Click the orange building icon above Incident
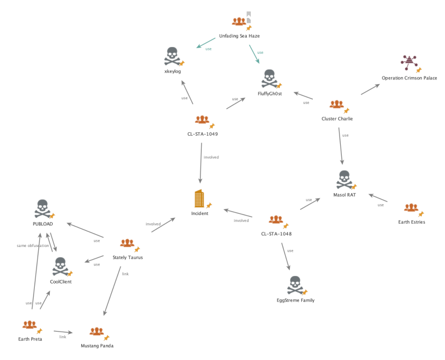point(199,198)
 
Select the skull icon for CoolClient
point(60,267)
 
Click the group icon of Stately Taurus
point(126,244)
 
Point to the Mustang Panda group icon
point(96,332)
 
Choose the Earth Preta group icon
point(28,325)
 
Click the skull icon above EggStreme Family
point(295,285)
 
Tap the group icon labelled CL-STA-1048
point(275,220)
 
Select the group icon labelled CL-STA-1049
point(202,120)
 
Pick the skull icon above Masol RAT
point(344,179)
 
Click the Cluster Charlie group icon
point(336,105)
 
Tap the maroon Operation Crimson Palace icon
point(409,61)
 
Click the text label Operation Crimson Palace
point(409,78)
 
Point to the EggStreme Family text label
point(296,300)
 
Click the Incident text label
point(199,213)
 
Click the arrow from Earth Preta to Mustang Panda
point(63,333)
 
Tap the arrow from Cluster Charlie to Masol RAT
point(341,147)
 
